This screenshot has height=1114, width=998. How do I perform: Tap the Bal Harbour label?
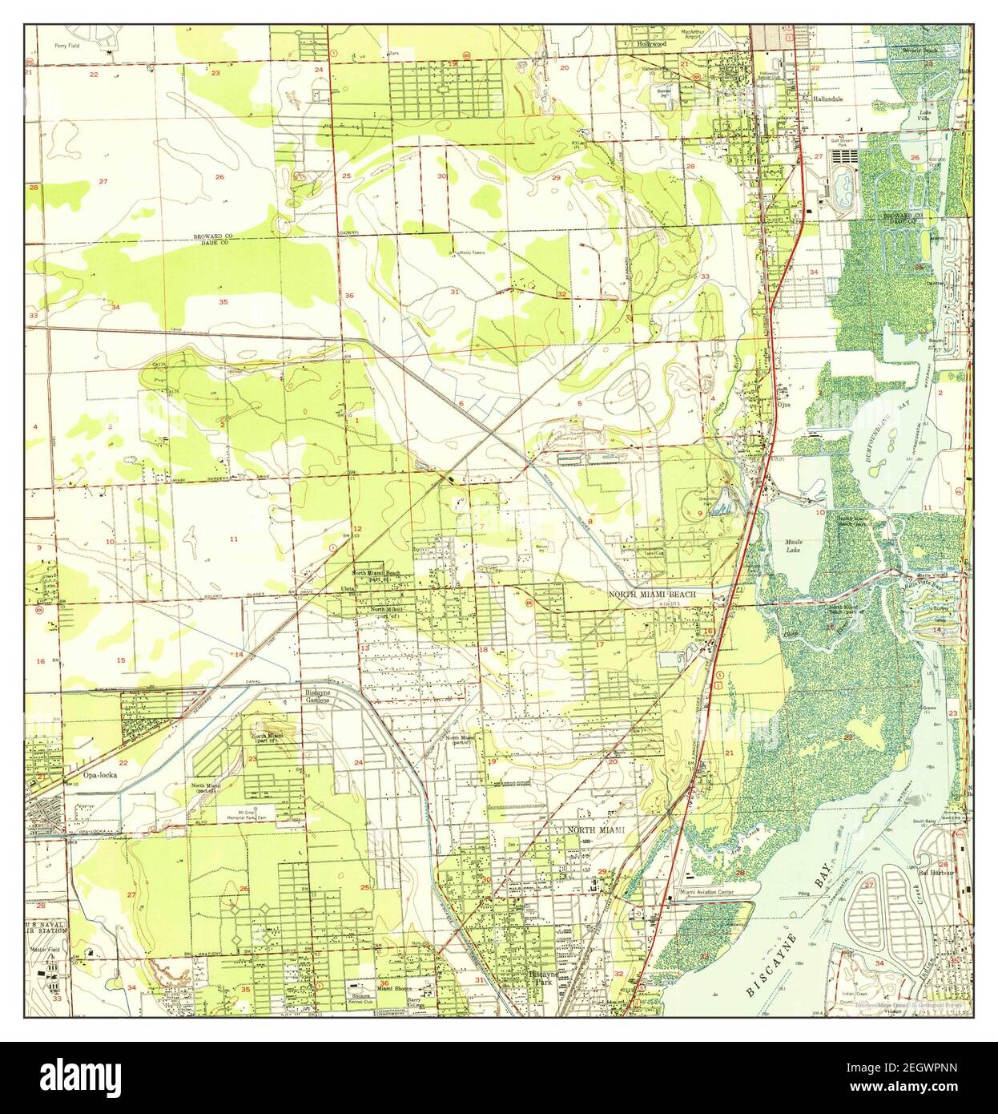pyautogui.click(x=933, y=871)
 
